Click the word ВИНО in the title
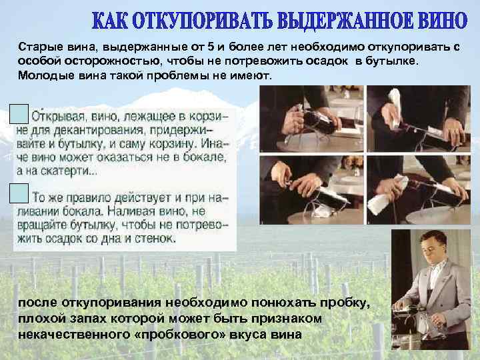pos(441,21)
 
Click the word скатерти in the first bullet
pos(69,171)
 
